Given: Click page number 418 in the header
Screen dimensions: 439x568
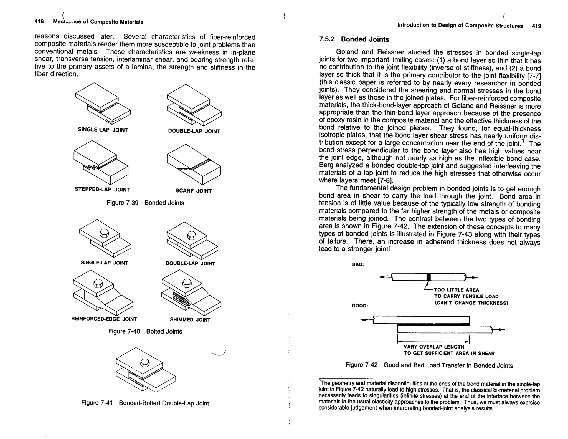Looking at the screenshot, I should (x=39, y=22).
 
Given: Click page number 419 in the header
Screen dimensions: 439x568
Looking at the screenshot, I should (x=536, y=26).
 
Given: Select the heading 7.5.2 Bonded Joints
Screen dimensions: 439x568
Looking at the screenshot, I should (x=354, y=39).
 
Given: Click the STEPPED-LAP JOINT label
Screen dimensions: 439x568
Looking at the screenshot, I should (x=102, y=190).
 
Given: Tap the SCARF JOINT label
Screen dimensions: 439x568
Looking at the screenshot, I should (x=193, y=191).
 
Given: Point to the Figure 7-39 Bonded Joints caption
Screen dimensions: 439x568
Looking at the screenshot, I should (x=145, y=203).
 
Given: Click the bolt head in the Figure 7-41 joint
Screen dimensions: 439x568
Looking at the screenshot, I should (x=145, y=363).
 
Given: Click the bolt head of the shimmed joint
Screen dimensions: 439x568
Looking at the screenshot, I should (x=187, y=283).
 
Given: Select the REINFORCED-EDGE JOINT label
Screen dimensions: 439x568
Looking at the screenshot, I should (x=104, y=319).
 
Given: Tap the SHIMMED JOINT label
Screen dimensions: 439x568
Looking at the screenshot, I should (x=190, y=319).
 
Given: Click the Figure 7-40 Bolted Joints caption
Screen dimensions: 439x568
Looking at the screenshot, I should (x=145, y=331).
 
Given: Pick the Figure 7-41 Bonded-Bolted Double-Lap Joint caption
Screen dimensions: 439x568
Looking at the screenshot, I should (x=145, y=403).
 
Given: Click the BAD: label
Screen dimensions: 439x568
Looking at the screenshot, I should (x=358, y=264).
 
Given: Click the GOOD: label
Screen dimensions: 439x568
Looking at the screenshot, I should (x=360, y=306).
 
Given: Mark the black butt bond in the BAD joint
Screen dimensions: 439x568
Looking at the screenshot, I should (x=428, y=277).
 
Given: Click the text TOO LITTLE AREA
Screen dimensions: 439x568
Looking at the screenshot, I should (x=457, y=290).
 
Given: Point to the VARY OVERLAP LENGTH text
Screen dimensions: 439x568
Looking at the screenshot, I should (x=434, y=347).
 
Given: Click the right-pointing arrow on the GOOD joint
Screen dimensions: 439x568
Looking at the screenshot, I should (x=499, y=330).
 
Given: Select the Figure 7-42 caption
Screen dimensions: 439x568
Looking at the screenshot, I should (x=429, y=365).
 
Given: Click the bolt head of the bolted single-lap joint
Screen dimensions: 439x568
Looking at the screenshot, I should (x=104, y=233).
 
